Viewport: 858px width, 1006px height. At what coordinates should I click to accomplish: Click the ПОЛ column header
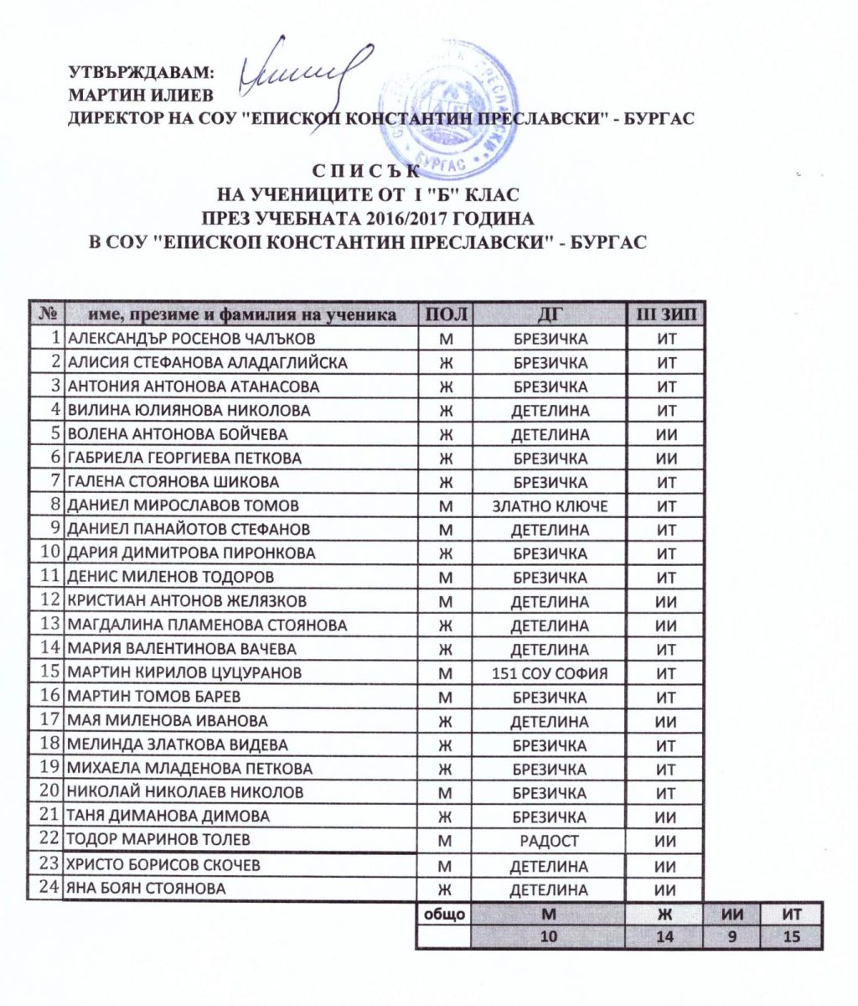coord(443,314)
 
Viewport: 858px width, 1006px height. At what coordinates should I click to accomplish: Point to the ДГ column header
coord(550,314)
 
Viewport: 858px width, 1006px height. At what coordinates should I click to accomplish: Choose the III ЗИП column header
coord(666,314)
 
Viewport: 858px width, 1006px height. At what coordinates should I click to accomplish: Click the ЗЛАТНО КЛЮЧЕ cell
coord(550,506)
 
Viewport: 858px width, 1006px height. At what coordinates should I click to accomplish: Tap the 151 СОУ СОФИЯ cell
coord(550,673)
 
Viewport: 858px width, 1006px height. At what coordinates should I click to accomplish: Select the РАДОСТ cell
coord(550,840)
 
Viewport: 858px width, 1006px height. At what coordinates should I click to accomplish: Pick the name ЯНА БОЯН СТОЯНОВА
coord(147,889)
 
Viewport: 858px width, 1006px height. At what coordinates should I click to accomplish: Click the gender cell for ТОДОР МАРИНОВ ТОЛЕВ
coord(443,840)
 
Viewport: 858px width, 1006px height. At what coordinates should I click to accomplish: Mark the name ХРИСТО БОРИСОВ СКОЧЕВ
coord(163,865)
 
